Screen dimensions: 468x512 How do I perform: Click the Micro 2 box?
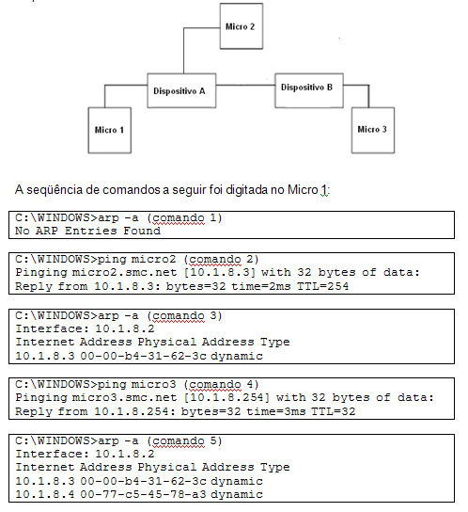(242, 26)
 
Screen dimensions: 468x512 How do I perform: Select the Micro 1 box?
(110, 130)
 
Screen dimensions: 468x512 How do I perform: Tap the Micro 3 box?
(373, 130)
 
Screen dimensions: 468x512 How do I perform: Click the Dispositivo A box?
(181, 90)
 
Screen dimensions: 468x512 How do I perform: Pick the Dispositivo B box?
(309, 90)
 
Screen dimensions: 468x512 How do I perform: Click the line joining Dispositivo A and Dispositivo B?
(245, 86)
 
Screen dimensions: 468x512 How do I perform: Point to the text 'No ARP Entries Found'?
(87, 231)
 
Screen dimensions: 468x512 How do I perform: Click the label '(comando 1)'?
(184, 217)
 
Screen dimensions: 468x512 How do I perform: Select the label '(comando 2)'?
(221, 259)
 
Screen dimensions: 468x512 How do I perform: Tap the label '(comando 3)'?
(184, 315)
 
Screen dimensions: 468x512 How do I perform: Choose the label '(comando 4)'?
(221, 384)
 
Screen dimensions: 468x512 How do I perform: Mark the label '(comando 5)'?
(184, 441)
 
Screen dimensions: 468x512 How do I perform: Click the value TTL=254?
(323, 286)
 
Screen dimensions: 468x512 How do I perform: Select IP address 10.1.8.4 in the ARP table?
(45, 494)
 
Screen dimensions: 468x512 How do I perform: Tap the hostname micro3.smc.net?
(124, 397)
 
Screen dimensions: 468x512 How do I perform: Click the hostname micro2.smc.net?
(124, 272)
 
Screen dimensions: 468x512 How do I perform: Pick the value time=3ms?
(276, 411)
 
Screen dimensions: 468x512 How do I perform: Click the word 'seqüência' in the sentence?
(55, 190)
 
